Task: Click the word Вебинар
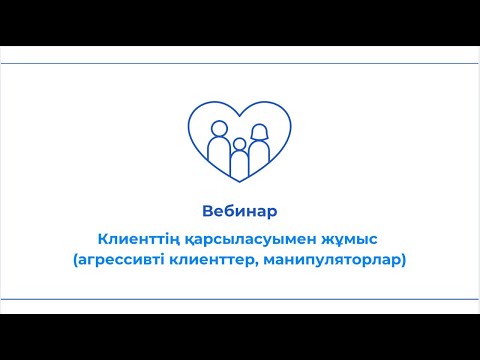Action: pos(239,211)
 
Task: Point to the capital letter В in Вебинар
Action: pos(207,211)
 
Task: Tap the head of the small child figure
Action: pos(239,145)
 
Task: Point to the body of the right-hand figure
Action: pos(260,154)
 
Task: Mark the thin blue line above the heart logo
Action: pos(239,63)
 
